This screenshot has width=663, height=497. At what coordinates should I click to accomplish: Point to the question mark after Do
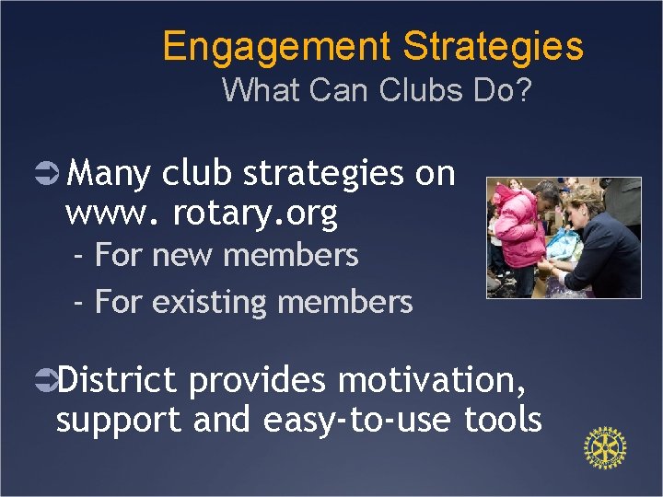524,91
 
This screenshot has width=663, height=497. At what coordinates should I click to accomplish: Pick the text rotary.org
255,214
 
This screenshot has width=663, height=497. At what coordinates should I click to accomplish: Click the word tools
503,420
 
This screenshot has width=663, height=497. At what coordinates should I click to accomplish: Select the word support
119,421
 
